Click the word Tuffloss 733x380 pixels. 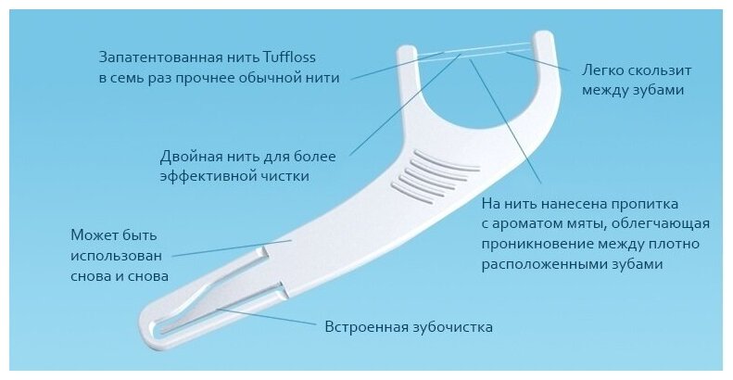(311, 54)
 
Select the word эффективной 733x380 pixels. (200, 174)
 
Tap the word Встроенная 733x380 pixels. (365, 327)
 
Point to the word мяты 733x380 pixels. (589, 223)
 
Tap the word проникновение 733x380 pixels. (532, 245)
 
